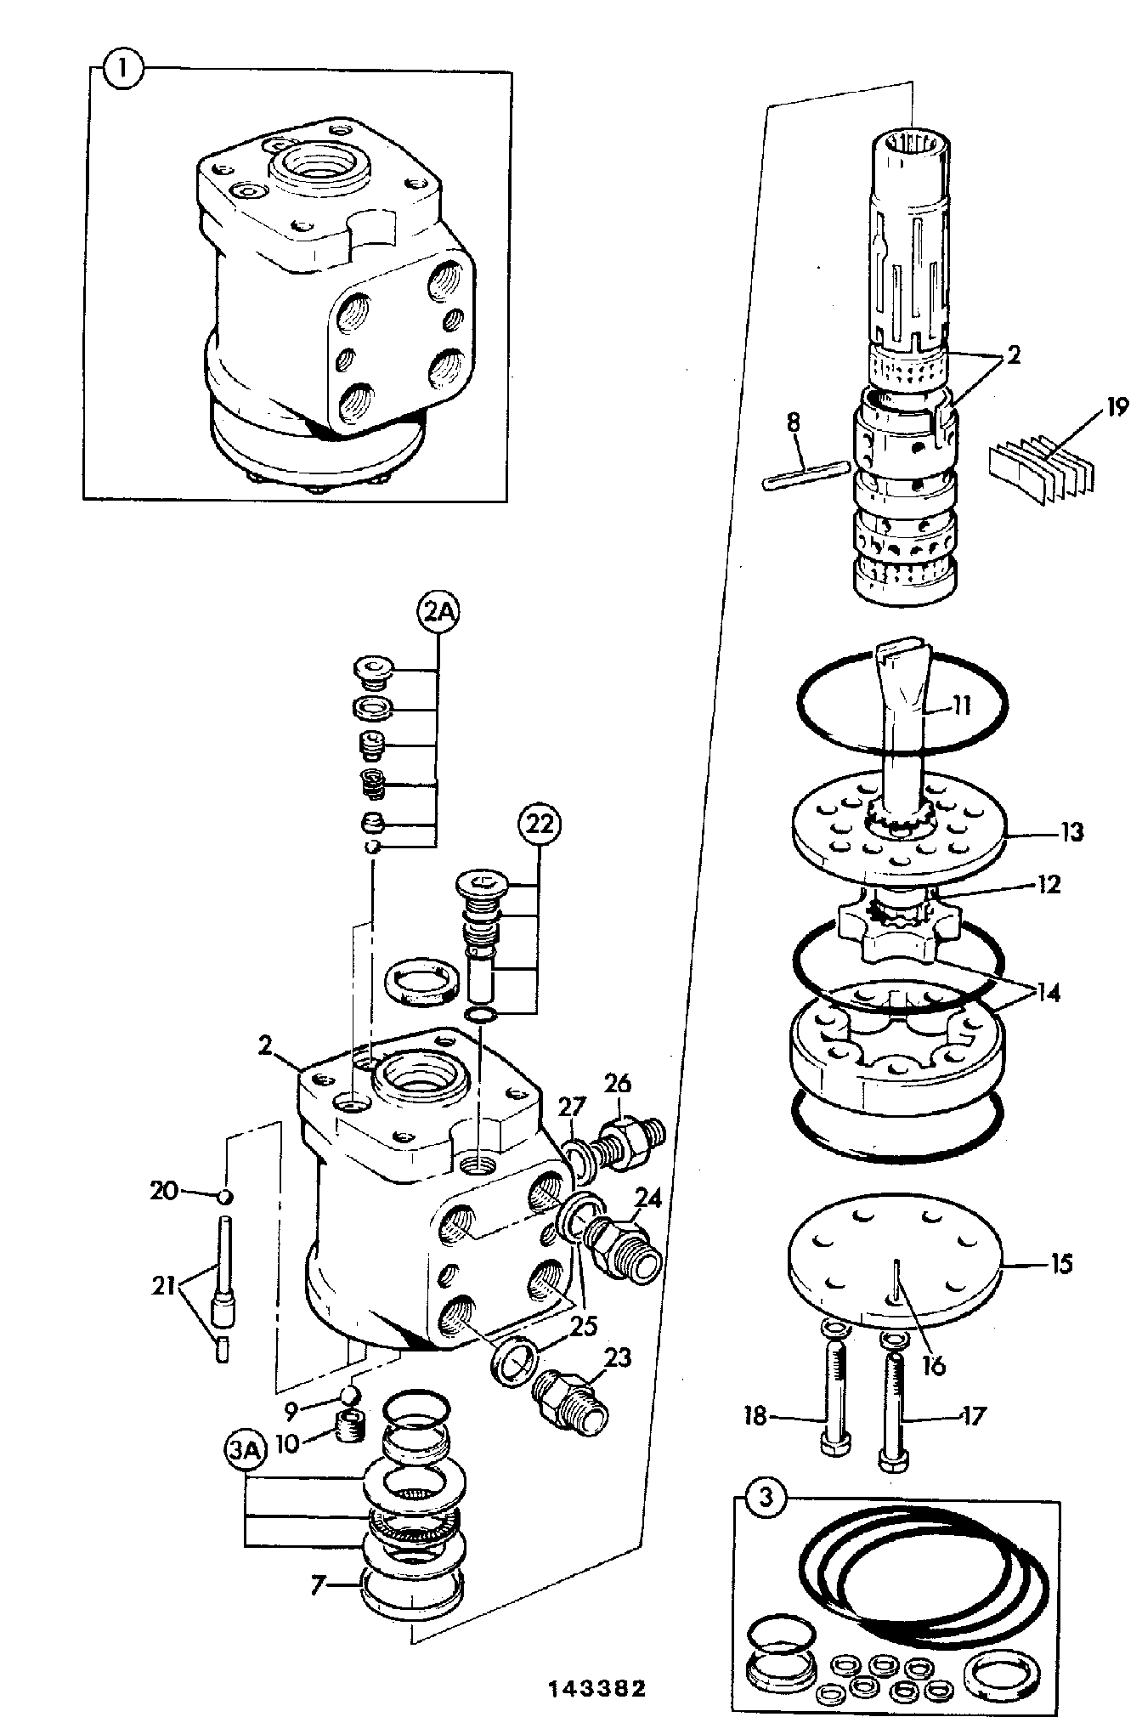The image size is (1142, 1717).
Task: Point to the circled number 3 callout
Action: pyautogui.click(x=766, y=1498)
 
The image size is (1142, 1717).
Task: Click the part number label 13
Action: pyautogui.click(x=1072, y=831)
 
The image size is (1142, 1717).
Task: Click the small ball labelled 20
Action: pyautogui.click(x=224, y=1196)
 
